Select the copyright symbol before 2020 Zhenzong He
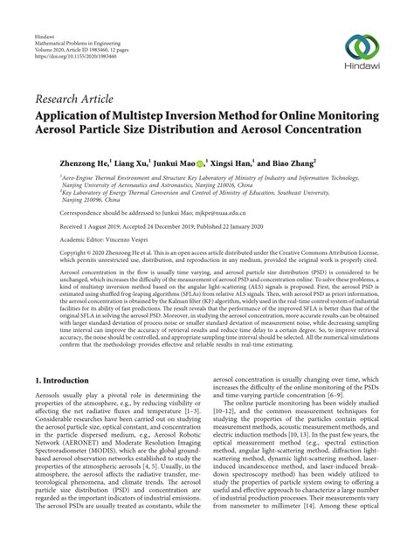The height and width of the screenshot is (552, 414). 61,251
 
